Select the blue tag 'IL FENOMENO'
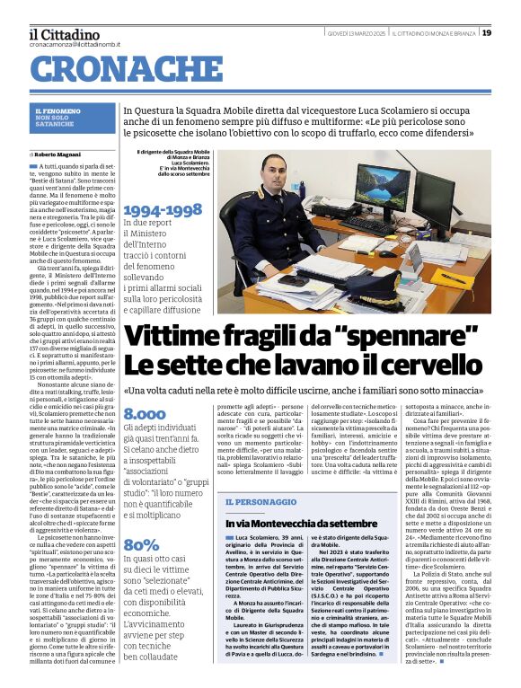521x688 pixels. (57, 110)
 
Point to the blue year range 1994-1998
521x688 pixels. (163, 210)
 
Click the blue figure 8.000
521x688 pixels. (145, 415)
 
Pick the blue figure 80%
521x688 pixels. (141, 544)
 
